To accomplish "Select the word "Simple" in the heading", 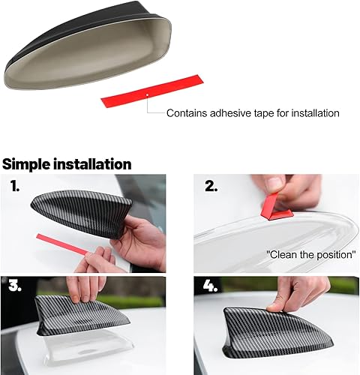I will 29,163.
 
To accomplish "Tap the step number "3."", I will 16,286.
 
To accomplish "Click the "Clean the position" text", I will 310,254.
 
